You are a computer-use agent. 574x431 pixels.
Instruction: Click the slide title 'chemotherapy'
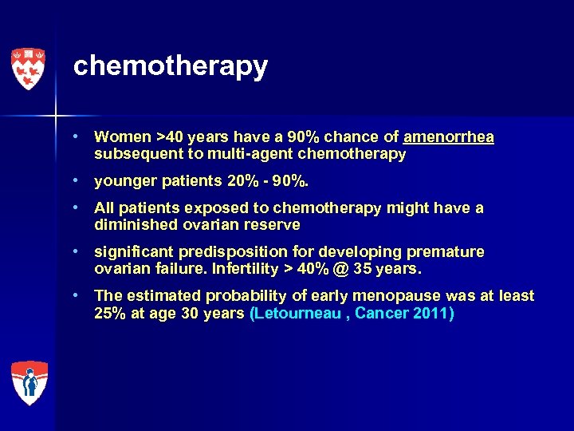(x=170, y=66)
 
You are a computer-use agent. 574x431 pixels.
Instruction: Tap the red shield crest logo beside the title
(x=29, y=68)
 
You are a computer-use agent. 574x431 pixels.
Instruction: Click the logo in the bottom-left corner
(x=29, y=383)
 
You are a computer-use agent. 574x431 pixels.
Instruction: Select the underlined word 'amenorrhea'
(x=449, y=137)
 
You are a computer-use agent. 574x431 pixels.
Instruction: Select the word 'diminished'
(x=133, y=225)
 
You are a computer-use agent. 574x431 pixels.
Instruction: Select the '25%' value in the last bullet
(x=109, y=313)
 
